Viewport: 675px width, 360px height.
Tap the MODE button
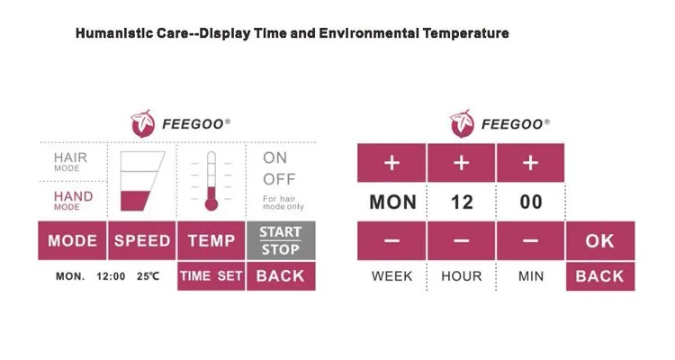pos(72,240)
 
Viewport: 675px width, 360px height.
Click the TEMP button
pos(211,240)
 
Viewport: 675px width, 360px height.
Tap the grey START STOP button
pos(281,240)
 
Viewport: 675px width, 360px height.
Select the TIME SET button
pos(211,276)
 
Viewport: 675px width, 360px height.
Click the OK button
pos(600,240)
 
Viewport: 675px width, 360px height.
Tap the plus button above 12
pos(461,163)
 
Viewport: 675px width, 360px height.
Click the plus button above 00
pos(530,163)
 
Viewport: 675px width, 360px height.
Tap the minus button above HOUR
pos(461,240)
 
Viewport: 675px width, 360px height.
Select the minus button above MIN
pos(530,240)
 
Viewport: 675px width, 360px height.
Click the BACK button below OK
pos(600,276)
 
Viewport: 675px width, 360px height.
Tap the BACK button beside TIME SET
pos(281,276)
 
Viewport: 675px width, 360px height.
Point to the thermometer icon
pos(211,181)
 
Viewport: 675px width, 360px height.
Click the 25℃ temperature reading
pos(148,276)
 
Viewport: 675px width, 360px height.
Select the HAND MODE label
pos(73,200)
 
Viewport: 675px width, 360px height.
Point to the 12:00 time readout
pos(111,276)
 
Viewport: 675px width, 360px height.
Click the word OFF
pos(279,179)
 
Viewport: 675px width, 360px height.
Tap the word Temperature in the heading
pos(465,33)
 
